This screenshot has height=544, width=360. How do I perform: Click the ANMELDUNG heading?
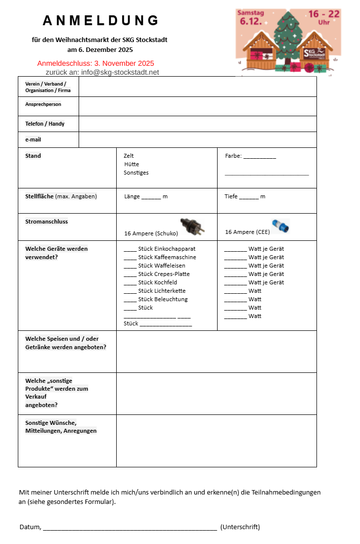tap(101, 20)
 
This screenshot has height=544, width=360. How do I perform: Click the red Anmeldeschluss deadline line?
tap(95, 63)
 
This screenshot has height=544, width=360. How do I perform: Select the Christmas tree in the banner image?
tap(289, 37)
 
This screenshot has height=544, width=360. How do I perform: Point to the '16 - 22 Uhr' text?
tap(324, 17)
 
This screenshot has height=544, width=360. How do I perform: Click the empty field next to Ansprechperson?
tap(197, 106)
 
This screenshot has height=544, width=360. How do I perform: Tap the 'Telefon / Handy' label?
tap(45, 124)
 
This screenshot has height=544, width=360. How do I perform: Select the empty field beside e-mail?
tap(197, 139)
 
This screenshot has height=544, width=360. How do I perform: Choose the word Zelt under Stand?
tap(129, 156)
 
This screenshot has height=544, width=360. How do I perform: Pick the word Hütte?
tap(132, 164)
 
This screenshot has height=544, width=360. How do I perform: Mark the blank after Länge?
tap(151, 197)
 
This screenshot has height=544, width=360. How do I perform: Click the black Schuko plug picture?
tap(191, 226)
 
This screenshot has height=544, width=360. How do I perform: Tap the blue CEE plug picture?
tap(280, 226)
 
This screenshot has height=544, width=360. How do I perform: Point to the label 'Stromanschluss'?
tap(46, 222)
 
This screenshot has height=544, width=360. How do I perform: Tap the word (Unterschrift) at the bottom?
tap(240, 527)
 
